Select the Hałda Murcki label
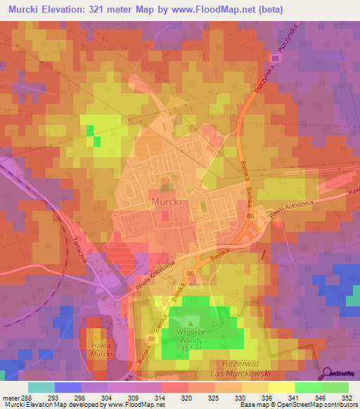point(102,351)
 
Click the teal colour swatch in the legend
point(41,387)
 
